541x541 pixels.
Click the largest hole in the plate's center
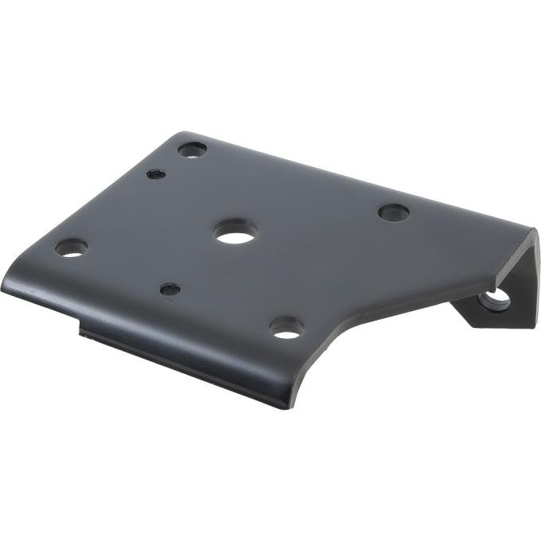click(x=235, y=232)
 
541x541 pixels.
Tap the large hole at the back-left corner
click(x=192, y=149)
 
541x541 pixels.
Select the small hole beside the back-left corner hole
click(x=156, y=173)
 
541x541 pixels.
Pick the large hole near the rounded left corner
click(x=71, y=248)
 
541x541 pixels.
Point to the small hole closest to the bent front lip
click(x=169, y=290)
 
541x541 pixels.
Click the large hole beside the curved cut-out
click(x=286, y=326)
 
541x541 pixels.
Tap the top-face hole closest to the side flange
click(x=394, y=212)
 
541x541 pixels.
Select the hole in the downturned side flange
click(x=496, y=298)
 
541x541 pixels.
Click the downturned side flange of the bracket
click(x=517, y=278)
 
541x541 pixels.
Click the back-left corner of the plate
click(x=181, y=135)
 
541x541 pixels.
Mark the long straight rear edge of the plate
click(x=358, y=175)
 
